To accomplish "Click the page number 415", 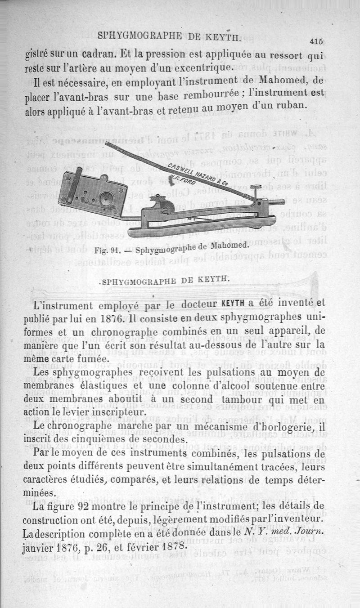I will tap(317, 41).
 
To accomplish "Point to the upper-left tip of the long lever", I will tap(108, 145).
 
